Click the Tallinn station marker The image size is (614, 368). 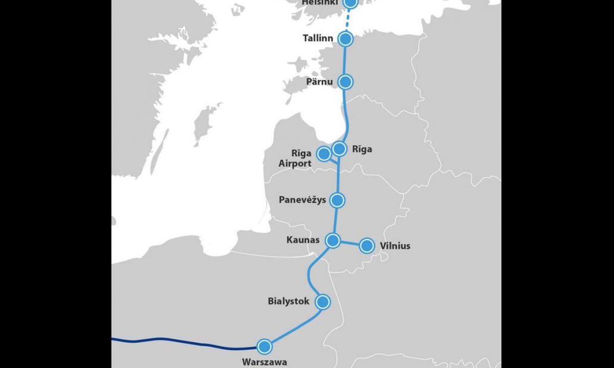pyautogui.click(x=346, y=39)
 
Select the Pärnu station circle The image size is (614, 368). pyautogui.click(x=346, y=81)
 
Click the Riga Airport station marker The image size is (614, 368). pyautogui.click(x=324, y=153)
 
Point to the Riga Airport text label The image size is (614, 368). pyautogui.click(x=295, y=158)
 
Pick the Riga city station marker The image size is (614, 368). pyautogui.click(x=339, y=149)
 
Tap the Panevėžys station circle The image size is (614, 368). pyautogui.click(x=337, y=200)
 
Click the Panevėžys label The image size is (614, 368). pyautogui.click(x=302, y=200)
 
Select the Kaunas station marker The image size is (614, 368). pyautogui.click(x=333, y=240)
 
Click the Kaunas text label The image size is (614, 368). pyautogui.click(x=303, y=240)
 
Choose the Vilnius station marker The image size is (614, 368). pyautogui.click(x=366, y=246)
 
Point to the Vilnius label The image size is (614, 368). pyautogui.click(x=395, y=246)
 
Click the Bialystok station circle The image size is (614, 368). pyautogui.click(x=323, y=302)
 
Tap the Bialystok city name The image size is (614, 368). pyautogui.click(x=289, y=301)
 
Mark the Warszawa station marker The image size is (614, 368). pyautogui.click(x=264, y=347)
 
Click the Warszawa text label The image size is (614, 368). pyautogui.click(x=265, y=362)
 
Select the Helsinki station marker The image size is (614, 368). pyautogui.click(x=350, y=3)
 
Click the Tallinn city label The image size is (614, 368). pyautogui.click(x=318, y=38)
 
